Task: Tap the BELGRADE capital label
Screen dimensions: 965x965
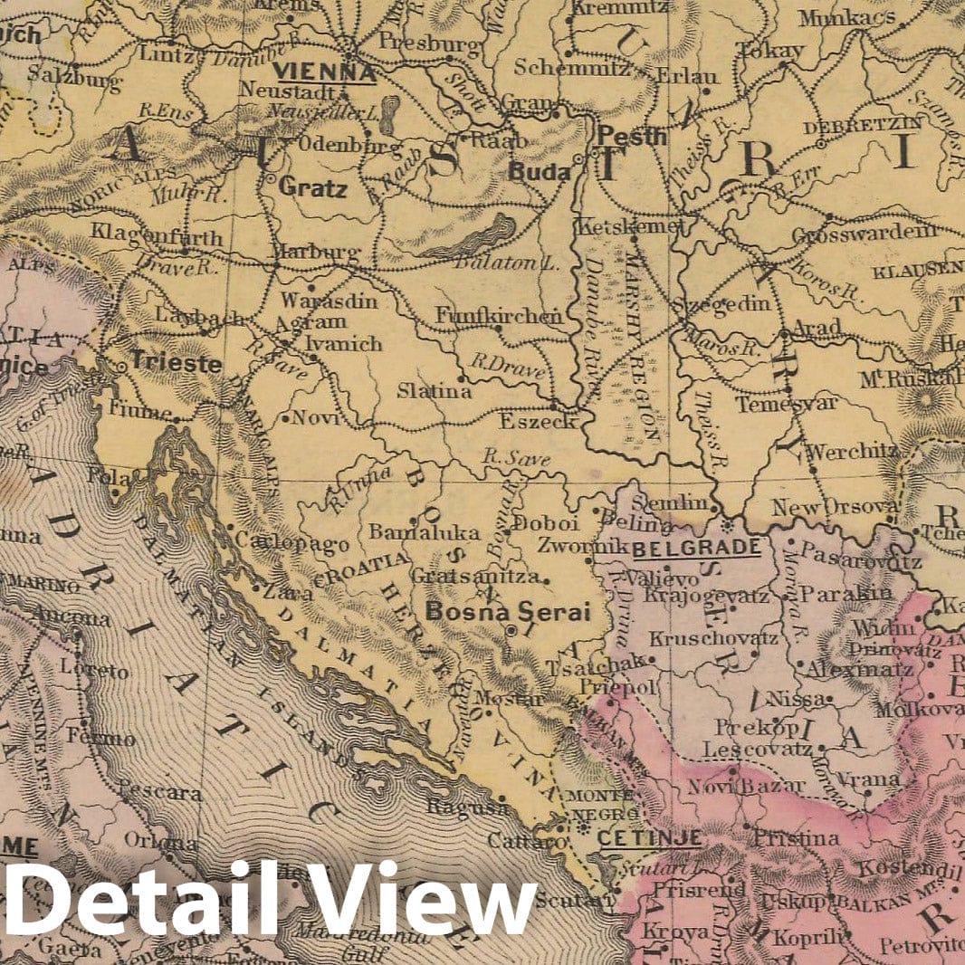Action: [696, 548]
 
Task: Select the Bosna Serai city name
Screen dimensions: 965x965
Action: [507, 612]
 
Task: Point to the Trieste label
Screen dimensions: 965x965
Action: [176, 363]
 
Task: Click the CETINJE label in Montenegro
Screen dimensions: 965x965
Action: [649, 838]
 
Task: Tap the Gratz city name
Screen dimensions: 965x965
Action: [312, 189]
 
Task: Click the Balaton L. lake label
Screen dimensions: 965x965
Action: [491, 263]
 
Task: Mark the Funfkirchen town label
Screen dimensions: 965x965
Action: [499, 316]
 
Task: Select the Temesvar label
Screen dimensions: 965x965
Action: [786, 404]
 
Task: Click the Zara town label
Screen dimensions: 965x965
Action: [288, 594]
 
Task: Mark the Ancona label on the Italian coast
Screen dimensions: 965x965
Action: [71, 619]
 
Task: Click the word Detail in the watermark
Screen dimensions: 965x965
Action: [132, 900]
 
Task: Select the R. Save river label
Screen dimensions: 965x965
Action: [517, 459]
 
